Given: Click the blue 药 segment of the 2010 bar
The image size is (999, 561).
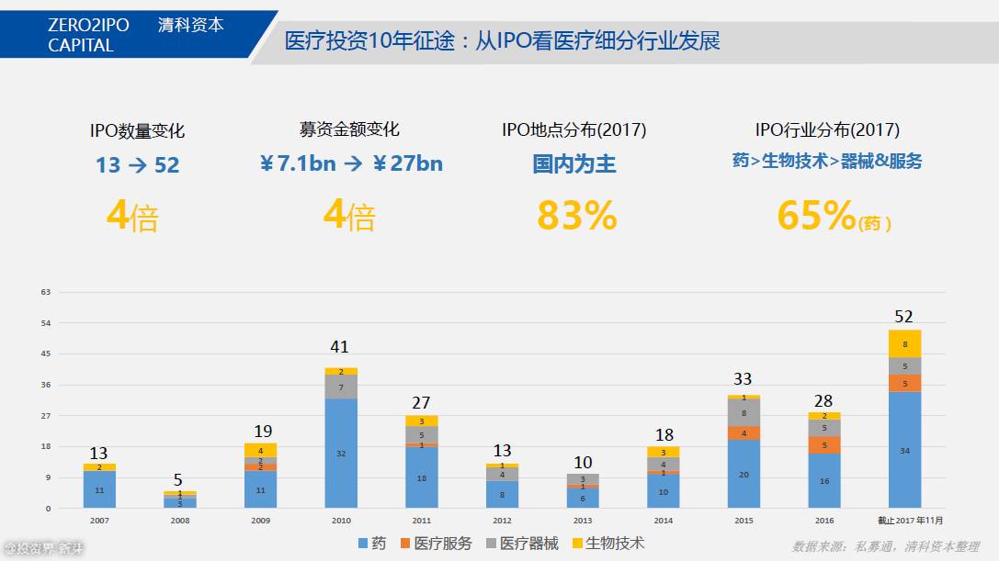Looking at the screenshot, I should [341, 453].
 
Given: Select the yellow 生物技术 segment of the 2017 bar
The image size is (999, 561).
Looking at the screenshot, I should [904, 344].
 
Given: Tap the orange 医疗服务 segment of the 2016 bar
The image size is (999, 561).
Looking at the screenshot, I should [823, 445].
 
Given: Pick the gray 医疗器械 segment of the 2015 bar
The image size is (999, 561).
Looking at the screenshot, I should [744, 412].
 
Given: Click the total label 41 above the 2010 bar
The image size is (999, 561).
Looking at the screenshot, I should [341, 347].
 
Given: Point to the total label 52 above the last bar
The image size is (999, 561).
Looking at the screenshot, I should [904, 317].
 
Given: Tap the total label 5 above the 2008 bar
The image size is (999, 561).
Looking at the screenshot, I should [179, 479].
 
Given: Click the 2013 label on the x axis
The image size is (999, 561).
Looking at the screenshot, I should [582, 521].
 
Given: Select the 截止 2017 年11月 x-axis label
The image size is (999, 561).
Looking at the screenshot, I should [909, 521].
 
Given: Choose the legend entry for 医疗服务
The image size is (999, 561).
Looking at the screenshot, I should [436, 544].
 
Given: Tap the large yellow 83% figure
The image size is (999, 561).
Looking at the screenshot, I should [576, 216].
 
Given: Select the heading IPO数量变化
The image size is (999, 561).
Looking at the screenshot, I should [137, 131].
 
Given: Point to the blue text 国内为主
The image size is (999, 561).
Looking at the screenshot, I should [574, 164].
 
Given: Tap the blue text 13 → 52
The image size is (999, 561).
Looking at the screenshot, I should [138, 165].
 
